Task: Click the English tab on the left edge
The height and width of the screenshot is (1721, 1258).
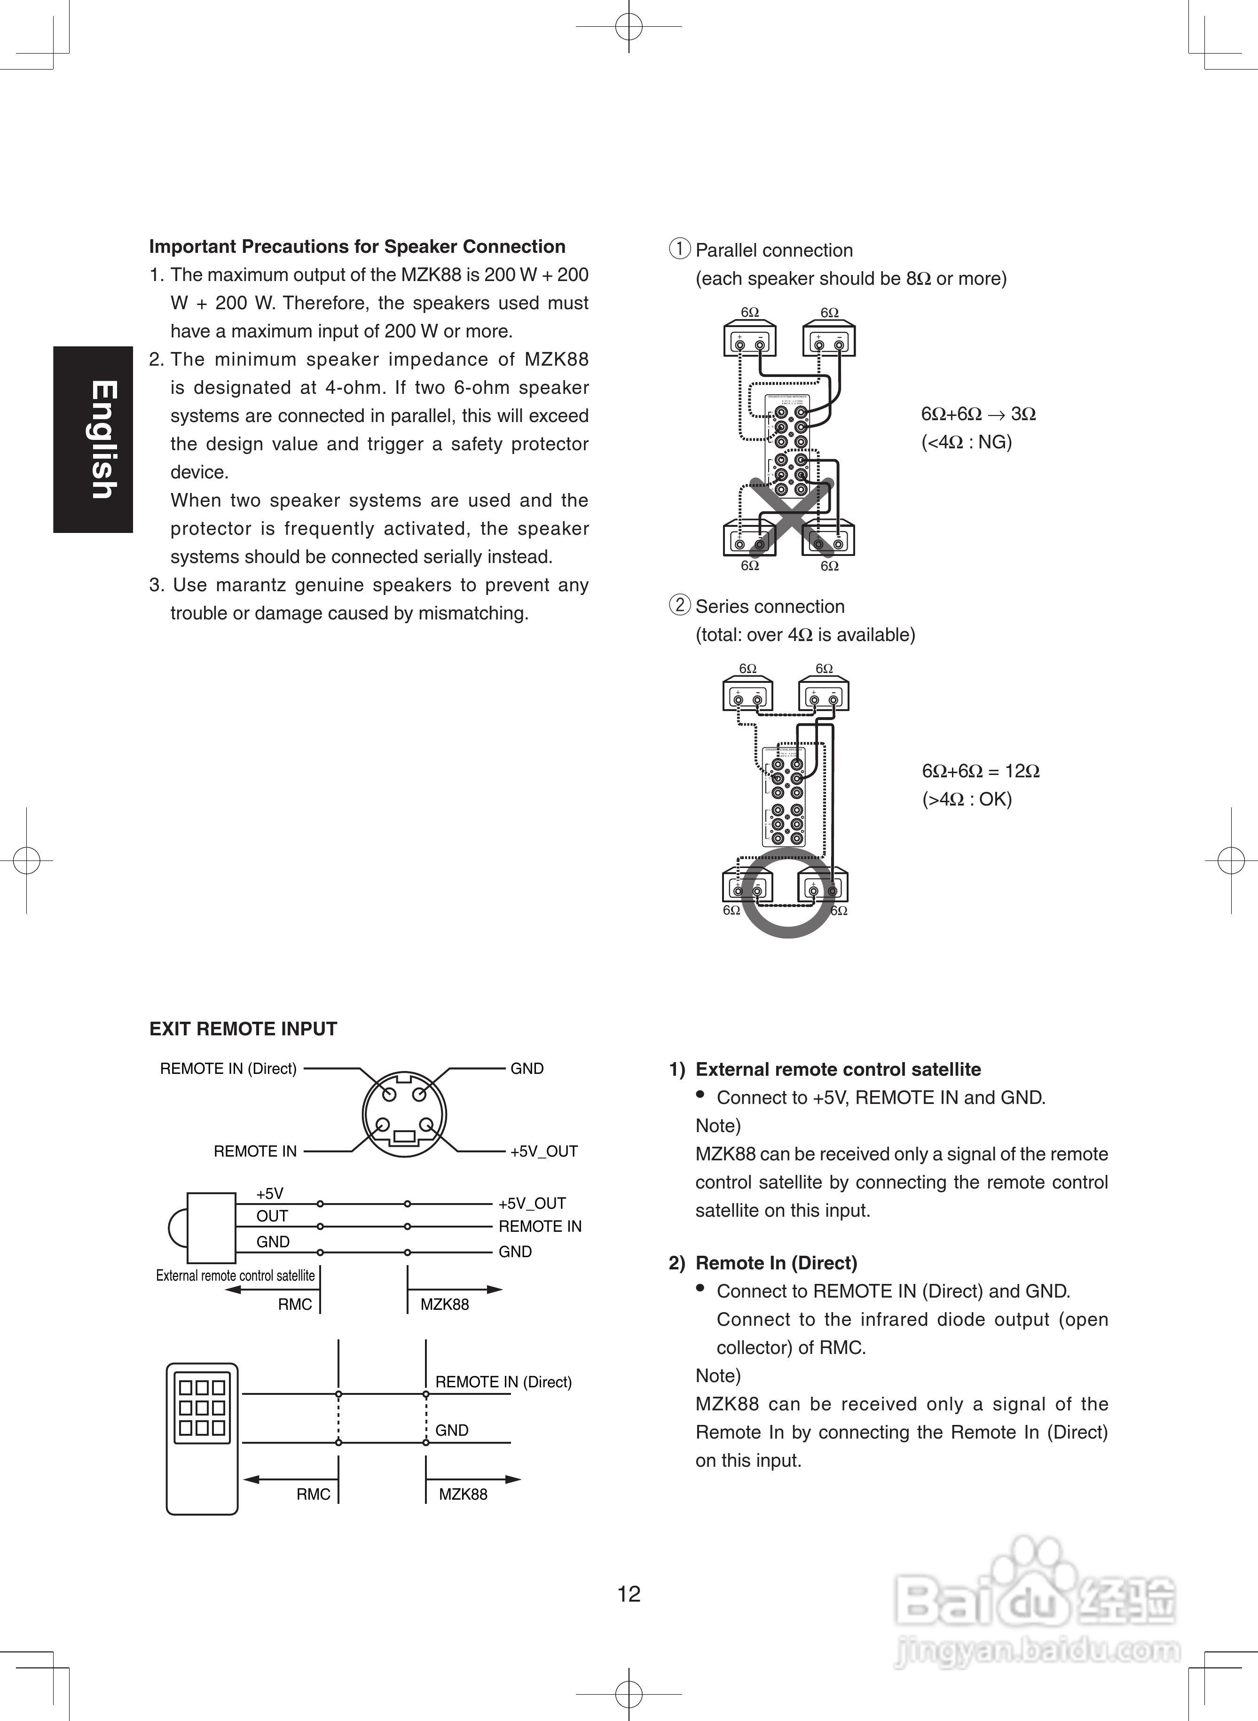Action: click(x=93, y=439)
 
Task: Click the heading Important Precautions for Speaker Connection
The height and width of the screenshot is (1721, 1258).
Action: click(x=357, y=247)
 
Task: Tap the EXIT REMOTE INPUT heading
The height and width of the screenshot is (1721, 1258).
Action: click(x=243, y=1029)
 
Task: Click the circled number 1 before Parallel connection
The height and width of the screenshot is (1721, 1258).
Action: click(x=679, y=249)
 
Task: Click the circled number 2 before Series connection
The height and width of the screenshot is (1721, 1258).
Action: click(x=679, y=605)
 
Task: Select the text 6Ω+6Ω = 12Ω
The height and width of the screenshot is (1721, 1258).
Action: click(x=980, y=771)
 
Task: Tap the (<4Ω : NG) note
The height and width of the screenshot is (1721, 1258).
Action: click(x=967, y=442)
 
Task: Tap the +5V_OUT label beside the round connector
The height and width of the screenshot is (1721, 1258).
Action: click(x=544, y=1151)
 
